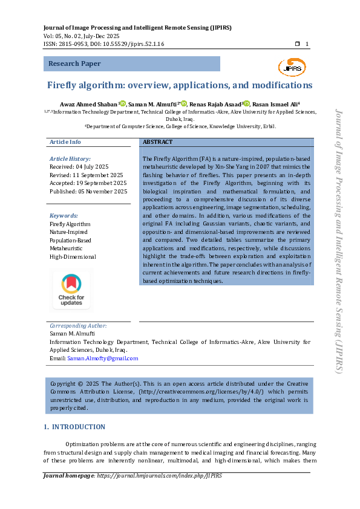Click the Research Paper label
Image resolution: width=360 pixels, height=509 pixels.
[74, 63]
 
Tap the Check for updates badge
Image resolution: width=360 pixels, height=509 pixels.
[71, 290]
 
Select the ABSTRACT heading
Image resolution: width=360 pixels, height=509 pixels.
[157, 142]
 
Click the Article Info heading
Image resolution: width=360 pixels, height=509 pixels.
[65, 142]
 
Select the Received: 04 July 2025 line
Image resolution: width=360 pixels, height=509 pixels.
[79, 166]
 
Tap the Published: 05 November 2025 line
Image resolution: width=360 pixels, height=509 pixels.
[88, 192]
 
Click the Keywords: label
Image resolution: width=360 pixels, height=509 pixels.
[64, 216]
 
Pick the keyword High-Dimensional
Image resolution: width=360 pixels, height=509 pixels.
[73, 257]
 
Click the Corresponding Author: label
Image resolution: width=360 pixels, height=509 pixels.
[77, 325]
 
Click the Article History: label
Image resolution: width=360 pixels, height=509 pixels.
[70, 158]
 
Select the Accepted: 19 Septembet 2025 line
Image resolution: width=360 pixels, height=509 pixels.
[88, 183]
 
